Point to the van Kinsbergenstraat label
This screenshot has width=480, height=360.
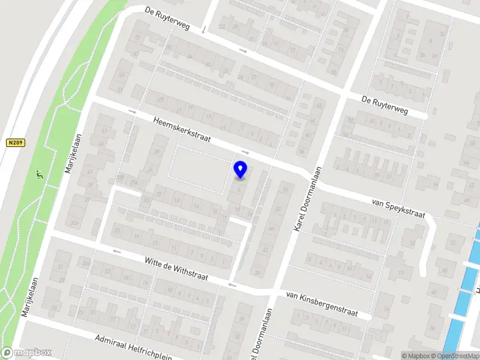(x=322, y=304)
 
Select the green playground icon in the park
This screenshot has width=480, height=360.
(x=39, y=175)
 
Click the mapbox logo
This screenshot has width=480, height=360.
(x=26, y=353)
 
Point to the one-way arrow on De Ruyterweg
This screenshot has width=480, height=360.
(x=243, y=51)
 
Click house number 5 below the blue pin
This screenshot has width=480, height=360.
(x=239, y=190)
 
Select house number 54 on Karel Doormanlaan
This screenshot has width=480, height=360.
(x=286, y=189)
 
